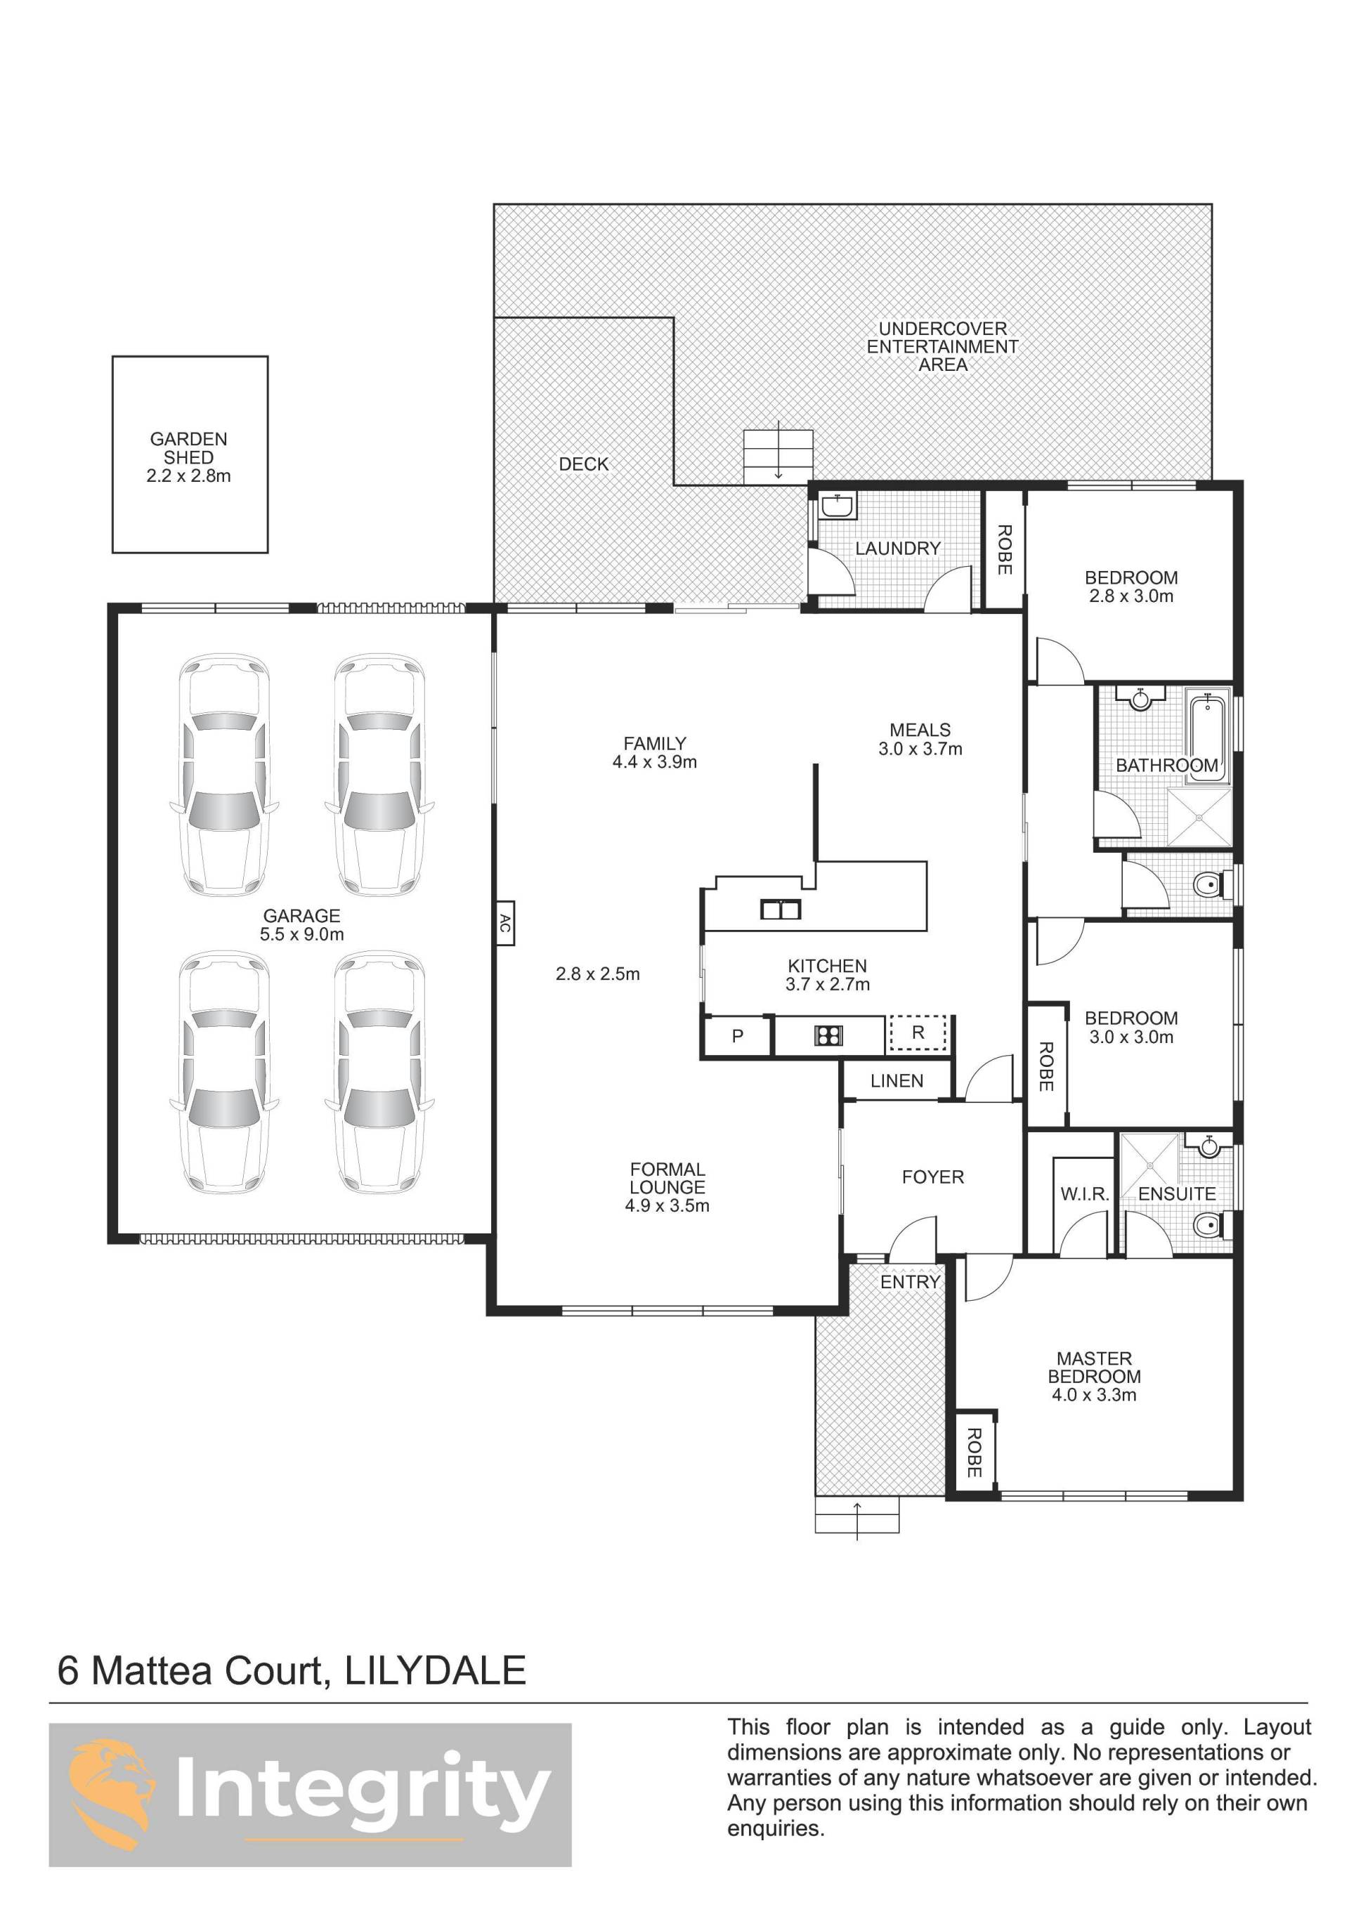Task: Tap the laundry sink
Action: tap(837, 506)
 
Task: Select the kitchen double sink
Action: tap(781, 910)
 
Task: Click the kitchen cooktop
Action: tap(828, 1035)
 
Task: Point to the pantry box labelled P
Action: tap(738, 1036)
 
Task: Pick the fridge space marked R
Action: tap(918, 1033)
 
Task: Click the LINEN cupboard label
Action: tap(897, 1080)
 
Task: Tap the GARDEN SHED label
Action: tap(188, 447)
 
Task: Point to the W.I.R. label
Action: tap(1085, 1194)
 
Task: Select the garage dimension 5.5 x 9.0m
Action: tap(301, 934)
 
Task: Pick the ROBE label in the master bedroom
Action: tap(975, 1453)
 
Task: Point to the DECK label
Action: tap(584, 464)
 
